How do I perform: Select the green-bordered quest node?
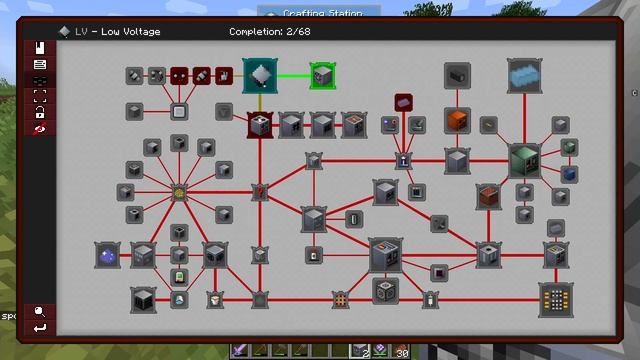[x=322, y=74]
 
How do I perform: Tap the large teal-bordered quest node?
[x=260, y=75]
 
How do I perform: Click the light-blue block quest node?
[x=523, y=75]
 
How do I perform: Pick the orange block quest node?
[x=457, y=121]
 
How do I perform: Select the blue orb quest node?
[x=107, y=256]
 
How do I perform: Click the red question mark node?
[x=260, y=191]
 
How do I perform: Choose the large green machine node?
[x=523, y=159]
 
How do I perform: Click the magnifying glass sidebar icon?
[x=40, y=310]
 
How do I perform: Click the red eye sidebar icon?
[x=40, y=128]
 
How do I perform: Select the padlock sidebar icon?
[x=40, y=112]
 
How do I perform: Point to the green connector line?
[x=293, y=74]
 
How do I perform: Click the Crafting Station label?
[x=324, y=12]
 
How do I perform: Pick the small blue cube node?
[x=569, y=173]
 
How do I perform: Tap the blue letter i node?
[x=405, y=160]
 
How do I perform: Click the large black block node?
[x=143, y=298]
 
